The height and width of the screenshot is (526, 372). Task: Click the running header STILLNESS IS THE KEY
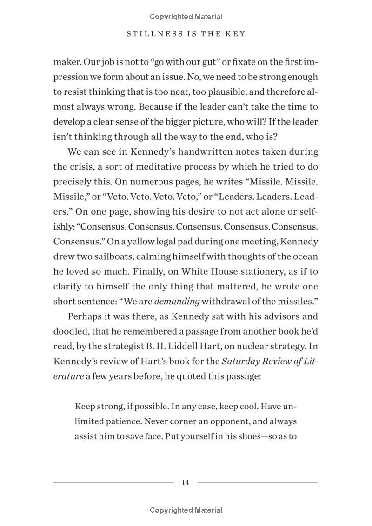186,34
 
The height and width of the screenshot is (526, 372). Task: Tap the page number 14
186,482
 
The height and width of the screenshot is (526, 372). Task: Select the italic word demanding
177,301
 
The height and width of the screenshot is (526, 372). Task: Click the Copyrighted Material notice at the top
186,17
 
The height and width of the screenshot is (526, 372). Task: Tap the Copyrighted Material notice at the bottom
186,510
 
